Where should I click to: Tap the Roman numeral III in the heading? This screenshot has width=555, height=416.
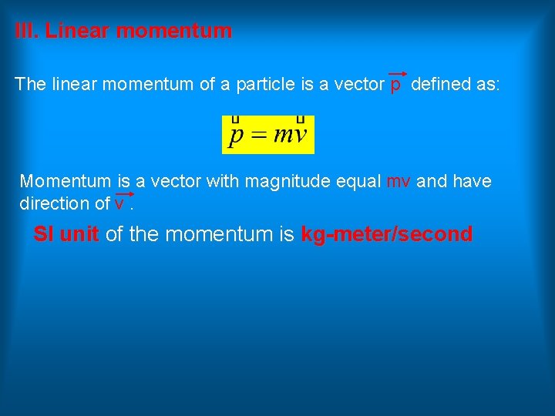click(x=26, y=32)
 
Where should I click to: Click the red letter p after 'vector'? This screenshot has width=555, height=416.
click(x=395, y=86)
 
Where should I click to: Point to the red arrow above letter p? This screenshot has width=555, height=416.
click(x=397, y=74)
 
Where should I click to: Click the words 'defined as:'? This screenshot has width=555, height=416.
click(x=456, y=85)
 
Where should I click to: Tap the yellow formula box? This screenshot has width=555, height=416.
click(x=268, y=135)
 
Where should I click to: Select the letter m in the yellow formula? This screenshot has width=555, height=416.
click(x=283, y=137)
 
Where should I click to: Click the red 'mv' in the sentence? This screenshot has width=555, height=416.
click(x=398, y=183)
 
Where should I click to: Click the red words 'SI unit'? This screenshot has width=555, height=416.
click(x=66, y=235)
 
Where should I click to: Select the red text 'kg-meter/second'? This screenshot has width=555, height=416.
click(x=386, y=235)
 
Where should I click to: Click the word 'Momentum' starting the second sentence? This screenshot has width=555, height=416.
click(x=66, y=182)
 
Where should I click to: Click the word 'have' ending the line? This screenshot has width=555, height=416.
click(x=472, y=182)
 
